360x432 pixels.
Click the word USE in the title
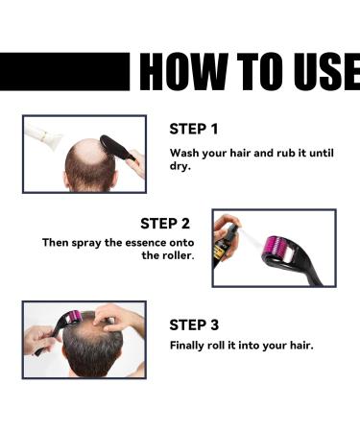pos(320,72)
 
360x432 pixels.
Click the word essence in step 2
pos(151,243)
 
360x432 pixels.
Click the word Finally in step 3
pos(190,345)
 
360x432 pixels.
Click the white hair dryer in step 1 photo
pos(44,134)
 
